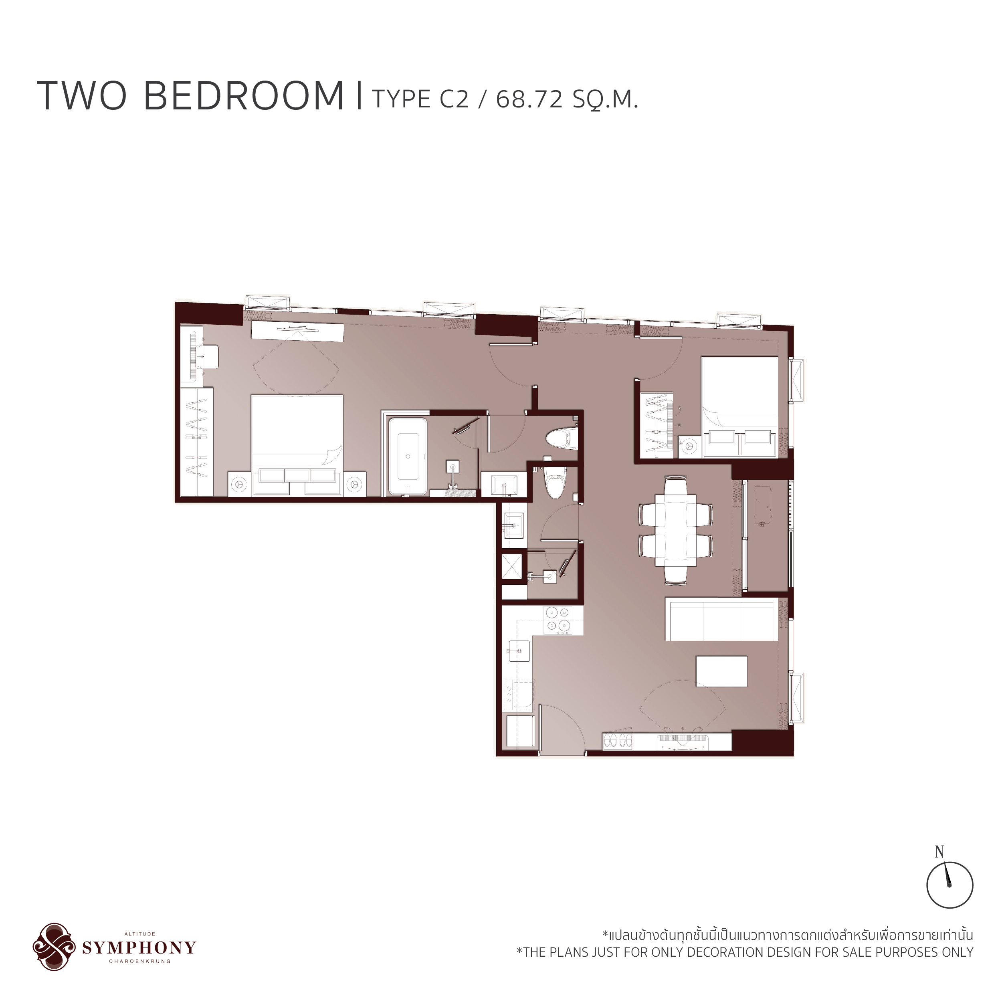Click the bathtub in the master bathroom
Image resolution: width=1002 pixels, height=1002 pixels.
point(408,457)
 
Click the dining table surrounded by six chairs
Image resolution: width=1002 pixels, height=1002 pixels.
point(675,530)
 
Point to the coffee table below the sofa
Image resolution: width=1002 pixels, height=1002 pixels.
point(721,671)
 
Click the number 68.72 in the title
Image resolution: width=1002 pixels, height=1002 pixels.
point(529,99)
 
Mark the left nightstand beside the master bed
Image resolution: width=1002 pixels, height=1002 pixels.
point(239,483)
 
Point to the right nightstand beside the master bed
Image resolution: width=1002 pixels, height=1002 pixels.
point(355,483)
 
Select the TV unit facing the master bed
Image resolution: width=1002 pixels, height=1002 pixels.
point(297,331)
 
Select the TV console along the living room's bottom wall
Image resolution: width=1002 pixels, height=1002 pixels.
point(667,741)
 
